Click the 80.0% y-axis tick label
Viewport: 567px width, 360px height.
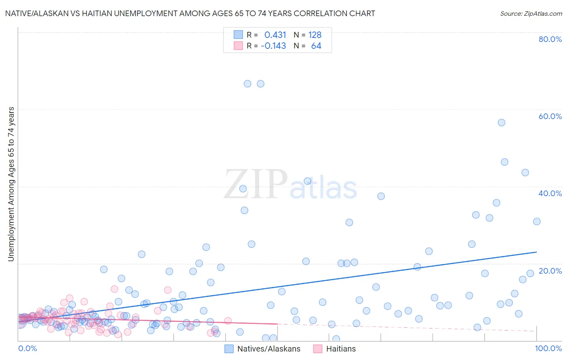[550, 39]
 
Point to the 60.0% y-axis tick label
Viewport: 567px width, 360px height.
[550, 116]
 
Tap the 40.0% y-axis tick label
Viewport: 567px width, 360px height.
[550, 193]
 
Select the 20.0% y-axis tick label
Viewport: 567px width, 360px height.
[550, 271]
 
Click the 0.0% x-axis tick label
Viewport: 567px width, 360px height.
[27, 348]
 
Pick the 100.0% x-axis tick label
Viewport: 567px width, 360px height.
[548, 348]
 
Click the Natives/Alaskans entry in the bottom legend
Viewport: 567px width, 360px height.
[269, 349]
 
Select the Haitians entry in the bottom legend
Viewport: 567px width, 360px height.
[341, 349]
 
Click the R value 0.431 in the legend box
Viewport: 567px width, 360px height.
[275, 35]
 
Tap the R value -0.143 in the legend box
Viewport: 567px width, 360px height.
[273, 46]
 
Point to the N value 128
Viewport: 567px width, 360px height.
[315, 35]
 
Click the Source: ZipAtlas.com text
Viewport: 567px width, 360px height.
[531, 14]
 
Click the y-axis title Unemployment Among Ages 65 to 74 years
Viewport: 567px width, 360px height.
[11, 184]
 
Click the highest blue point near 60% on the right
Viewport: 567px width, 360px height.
[501, 123]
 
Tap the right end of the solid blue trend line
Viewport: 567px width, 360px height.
[536, 252]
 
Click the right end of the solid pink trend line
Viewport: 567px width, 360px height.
[278, 324]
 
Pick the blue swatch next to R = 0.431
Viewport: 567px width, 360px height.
[238, 35]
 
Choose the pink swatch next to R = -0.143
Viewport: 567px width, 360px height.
[238, 46]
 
